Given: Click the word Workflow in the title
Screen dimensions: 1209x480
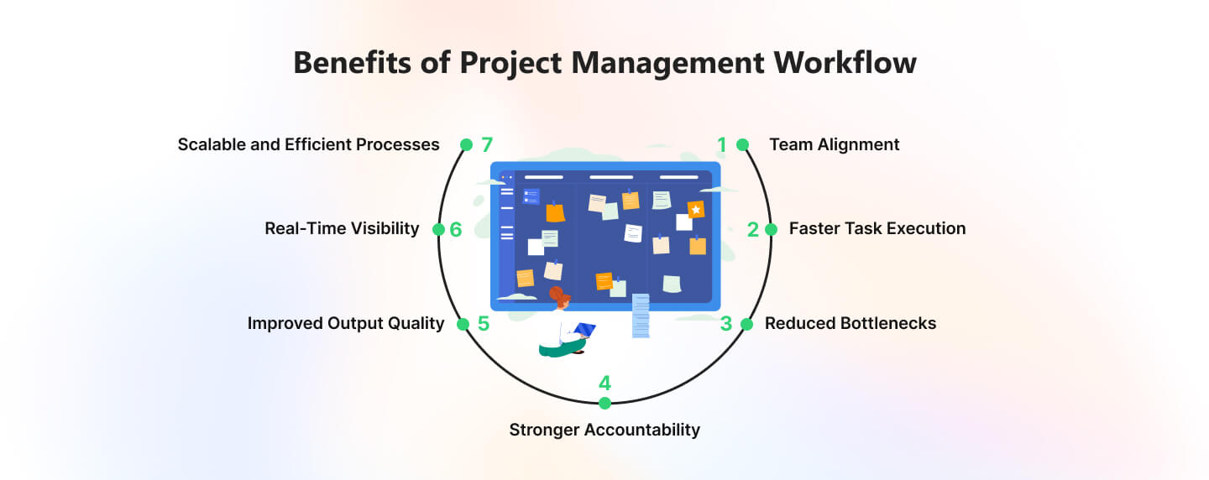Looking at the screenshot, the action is pos(845,63).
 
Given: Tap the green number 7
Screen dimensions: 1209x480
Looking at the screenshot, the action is pos(487,144).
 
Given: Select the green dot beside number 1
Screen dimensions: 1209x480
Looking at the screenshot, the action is pos(743,144).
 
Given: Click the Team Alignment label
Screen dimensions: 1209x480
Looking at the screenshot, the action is pos(835,144).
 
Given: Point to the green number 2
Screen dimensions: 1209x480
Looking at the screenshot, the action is pos(753,230).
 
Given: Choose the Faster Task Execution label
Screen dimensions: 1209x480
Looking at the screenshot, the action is pos(877,229).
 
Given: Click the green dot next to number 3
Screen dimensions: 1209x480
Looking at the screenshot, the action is pos(746,324).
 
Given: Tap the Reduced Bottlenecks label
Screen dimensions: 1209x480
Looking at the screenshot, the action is pos(850,323).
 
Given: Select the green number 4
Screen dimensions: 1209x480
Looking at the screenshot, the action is pos(604,383).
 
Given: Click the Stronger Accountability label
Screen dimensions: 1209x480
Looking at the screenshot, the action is pos(604,430).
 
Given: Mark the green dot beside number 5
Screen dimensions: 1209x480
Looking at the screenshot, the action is pos(463,324).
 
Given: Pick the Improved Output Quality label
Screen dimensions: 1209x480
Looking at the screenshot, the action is pos(346,324).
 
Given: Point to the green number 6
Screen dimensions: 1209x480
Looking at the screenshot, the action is pos(456,230).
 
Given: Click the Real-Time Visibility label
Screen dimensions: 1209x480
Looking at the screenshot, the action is pos(342,229).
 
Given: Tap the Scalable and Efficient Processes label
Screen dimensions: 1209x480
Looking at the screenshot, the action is pos(309,144).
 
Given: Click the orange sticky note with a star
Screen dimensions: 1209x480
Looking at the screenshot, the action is pos(696,209).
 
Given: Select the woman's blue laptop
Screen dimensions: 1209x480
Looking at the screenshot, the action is pos(585,330).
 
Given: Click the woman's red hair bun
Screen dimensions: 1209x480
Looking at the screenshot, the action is pos(556,293).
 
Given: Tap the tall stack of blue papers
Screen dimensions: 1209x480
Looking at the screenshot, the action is pos(641,316).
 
